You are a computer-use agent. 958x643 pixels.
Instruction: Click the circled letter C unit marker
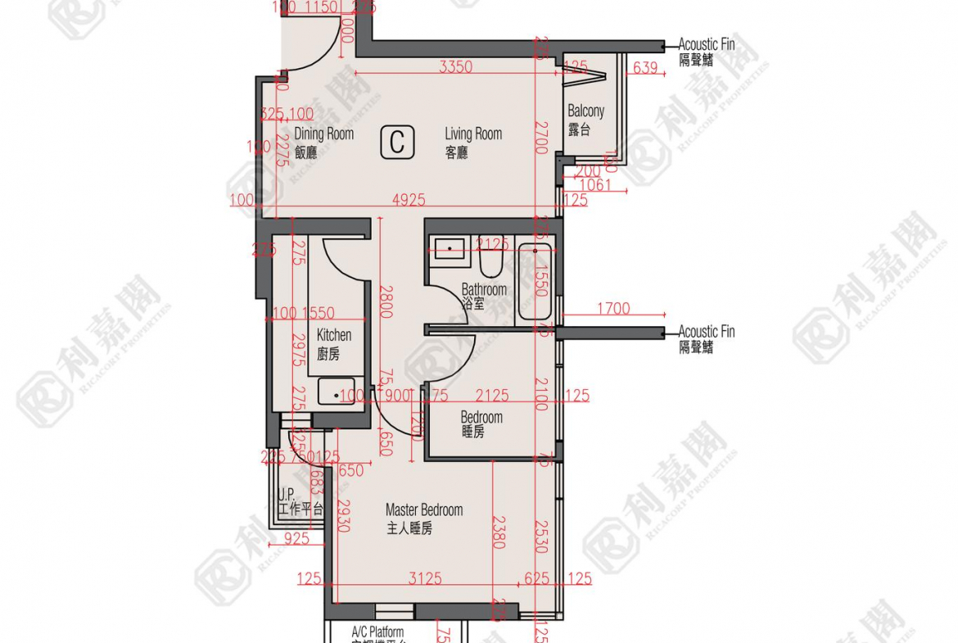pyautogui.click(x=397, y=143)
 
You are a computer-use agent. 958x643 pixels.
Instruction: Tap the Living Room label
pyautogui.click(x=472, y=142)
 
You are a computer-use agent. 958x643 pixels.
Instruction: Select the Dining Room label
pyautogui.click(x=323, y=142)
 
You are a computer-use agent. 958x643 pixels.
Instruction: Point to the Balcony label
pyautogui.click(x=585, y=119)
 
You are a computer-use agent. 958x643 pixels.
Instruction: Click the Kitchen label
pyautogui.click(x=333, y=343)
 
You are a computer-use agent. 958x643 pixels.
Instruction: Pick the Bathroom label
pyautogui.click(x=483, y=295)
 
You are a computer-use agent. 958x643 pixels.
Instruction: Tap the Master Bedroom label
pyautogui.click(x=423, y=518)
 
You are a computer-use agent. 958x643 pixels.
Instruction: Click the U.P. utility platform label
pyautogui.click(x=300, y=502)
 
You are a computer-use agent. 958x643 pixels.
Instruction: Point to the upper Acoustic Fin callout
pyautogui.click(x=707, y=52)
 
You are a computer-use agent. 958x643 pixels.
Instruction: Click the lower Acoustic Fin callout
pyautogui.click(x=707, y=338)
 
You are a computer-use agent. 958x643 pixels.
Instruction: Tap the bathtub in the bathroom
pyautogui.click(x=536, y=283)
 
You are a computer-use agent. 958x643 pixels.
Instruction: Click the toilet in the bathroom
pyautogui.click(x=491, y=261)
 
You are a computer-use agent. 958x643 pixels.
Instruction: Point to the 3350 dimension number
pyautogui.click(x=455, y=67)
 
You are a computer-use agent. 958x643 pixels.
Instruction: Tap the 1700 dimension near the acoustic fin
pyautogui.click(x=613, y=308)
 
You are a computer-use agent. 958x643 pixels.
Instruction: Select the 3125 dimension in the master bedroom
pyautogui.click(x=425, y=579)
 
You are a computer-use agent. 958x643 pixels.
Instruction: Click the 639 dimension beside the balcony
pyautogui.click(x=645, y=68)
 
